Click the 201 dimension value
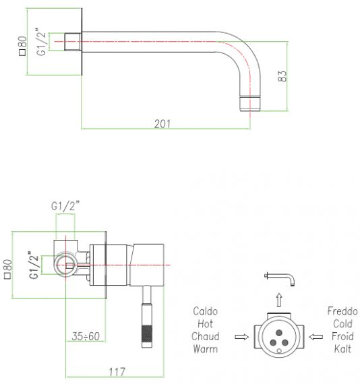(x=162, y=124)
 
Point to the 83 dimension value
(x=282, y=76)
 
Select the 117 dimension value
(x=117, y=372)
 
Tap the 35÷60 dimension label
(x=86, y=336)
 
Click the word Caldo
(x=205, y=311)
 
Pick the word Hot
(x=205, y=324)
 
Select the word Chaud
(x=205, y=336)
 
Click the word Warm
(x=205, y=349)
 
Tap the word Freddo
(x=342, y=311)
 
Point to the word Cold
(x=342, y=324)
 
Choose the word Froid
(x=342, y=336)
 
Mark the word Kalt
(x=342, y=349)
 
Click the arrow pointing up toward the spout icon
(x=279, y=300)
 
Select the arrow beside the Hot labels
(x=241, y=337)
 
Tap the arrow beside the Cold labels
(x=316, y=337)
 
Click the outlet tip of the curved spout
(x=249, y=103)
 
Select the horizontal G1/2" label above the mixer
(x=65, y=206)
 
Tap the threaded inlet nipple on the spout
(x=73, y=42)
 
